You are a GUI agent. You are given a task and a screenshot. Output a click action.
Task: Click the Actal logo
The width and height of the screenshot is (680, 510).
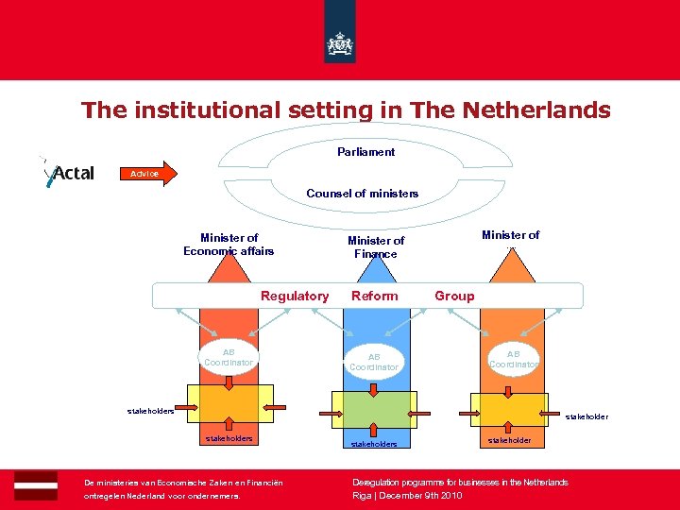[68, 173]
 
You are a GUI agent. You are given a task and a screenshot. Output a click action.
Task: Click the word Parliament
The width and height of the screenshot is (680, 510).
[365, 152]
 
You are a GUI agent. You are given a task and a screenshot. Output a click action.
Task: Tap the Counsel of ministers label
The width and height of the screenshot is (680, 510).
[362, 194]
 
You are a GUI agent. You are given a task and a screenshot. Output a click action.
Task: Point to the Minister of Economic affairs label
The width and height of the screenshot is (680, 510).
[229, 245]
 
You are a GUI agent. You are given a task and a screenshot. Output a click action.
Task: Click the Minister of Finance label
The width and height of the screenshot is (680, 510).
[375, 247]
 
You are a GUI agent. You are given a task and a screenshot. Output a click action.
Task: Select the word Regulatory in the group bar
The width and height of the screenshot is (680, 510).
[295, 296]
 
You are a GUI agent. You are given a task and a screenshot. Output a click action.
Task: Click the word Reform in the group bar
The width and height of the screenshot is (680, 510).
[375, 296]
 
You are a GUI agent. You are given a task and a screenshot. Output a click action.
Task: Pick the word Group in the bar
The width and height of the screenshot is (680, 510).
[454, 296]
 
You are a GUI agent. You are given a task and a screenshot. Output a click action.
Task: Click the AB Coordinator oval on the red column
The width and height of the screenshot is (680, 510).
[229, 357]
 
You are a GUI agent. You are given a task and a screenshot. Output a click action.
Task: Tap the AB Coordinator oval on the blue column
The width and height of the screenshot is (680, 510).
[375, 362]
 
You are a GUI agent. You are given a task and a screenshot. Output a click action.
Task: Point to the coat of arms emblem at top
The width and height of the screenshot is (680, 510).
[339, 43]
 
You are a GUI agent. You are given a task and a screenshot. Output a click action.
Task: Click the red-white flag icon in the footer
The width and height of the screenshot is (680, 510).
[36, 485]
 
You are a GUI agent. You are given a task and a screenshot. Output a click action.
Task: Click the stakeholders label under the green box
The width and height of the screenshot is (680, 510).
[374, 443]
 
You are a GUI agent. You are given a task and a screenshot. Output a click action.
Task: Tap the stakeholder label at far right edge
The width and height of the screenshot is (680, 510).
[586, 416]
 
